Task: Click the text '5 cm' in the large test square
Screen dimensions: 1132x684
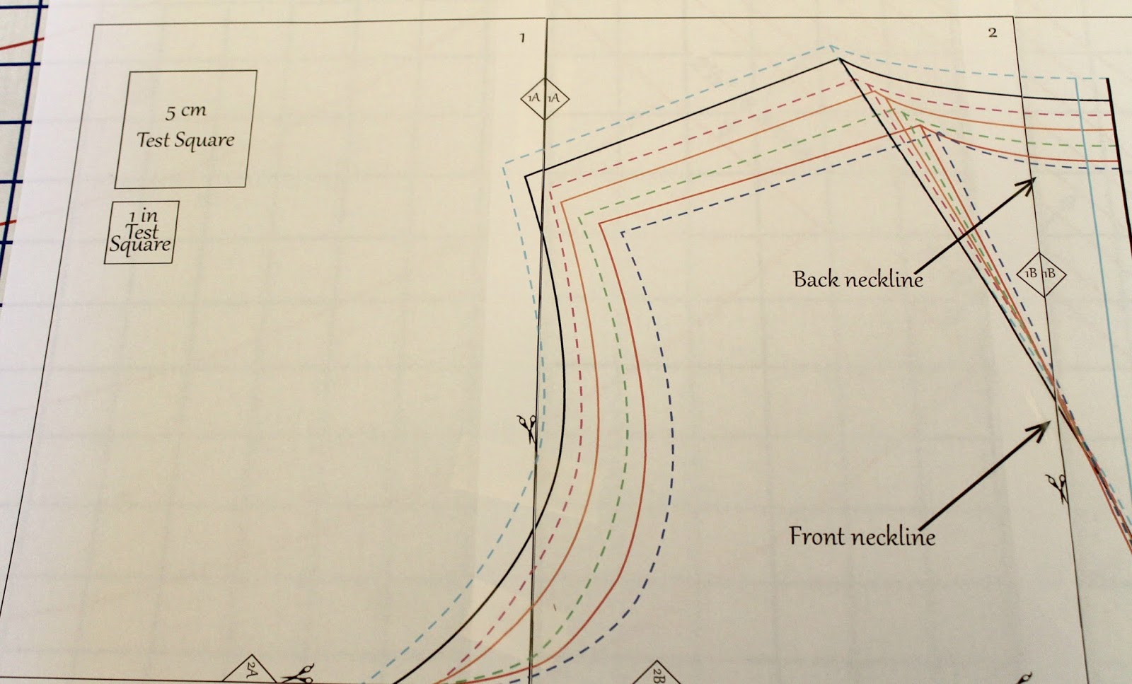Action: click(185, 111)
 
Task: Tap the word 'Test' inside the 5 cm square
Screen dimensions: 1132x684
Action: click(154, 139)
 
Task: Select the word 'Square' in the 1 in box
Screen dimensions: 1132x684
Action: click(139, 245)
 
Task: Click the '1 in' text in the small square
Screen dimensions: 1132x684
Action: click(142, 215)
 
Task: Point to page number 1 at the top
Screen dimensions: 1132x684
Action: click(522, 37)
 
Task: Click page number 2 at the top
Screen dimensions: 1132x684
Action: click(992, 33)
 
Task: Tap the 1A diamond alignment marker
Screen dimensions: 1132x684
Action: click(544, 98)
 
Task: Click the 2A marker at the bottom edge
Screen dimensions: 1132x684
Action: click(252, 668)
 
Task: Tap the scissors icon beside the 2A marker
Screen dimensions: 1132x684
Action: click(299, 673)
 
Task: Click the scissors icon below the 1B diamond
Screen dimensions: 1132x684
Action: click(1057, 487)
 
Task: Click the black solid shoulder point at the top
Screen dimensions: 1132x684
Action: click(840, 61)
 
